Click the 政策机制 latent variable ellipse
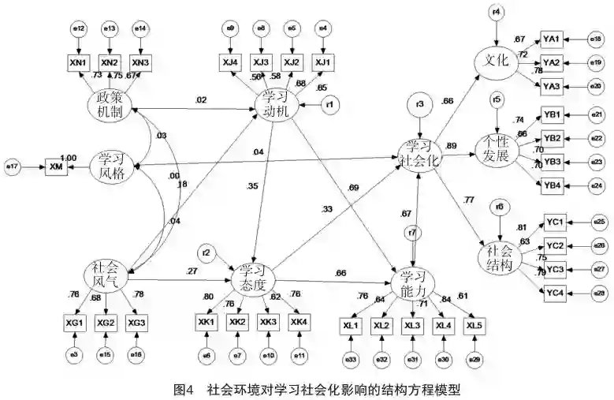click(x=113, y=106)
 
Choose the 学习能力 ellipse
click(x=413, y=282)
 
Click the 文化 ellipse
click(x=495, y=61)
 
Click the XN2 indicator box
click(x=110, y=62)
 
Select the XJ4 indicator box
click(x=232, y=62)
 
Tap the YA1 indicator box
click(x=551, y=39)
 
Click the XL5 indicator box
click(x=474, y=325)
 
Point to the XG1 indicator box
click(x=73, y=323)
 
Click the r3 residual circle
click(x=421, y=105)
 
